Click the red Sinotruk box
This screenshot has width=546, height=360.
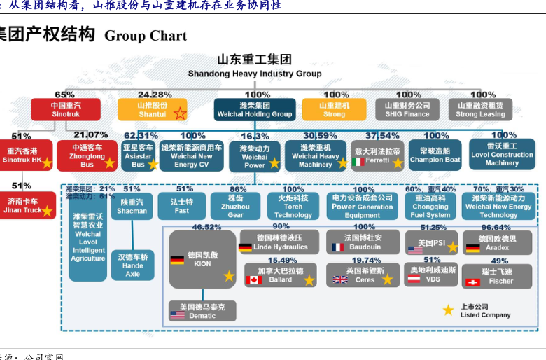point(65,109)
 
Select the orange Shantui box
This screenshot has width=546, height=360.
point(152,109)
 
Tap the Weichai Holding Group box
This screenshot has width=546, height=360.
point(254,109)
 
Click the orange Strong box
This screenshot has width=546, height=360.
point(334,109)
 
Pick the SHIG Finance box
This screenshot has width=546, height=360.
point(407,109)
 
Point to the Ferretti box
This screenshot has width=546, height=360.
point(377,155)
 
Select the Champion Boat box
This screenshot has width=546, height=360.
point(435,155)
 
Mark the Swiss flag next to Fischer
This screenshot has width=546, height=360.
point(472,282)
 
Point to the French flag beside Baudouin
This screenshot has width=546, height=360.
point(338,247)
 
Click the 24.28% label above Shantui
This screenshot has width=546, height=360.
point(155,95)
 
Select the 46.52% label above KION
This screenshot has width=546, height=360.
point(206,227)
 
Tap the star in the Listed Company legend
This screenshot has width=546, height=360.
point(448,310)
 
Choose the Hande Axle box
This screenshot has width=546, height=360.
point(132,265)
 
